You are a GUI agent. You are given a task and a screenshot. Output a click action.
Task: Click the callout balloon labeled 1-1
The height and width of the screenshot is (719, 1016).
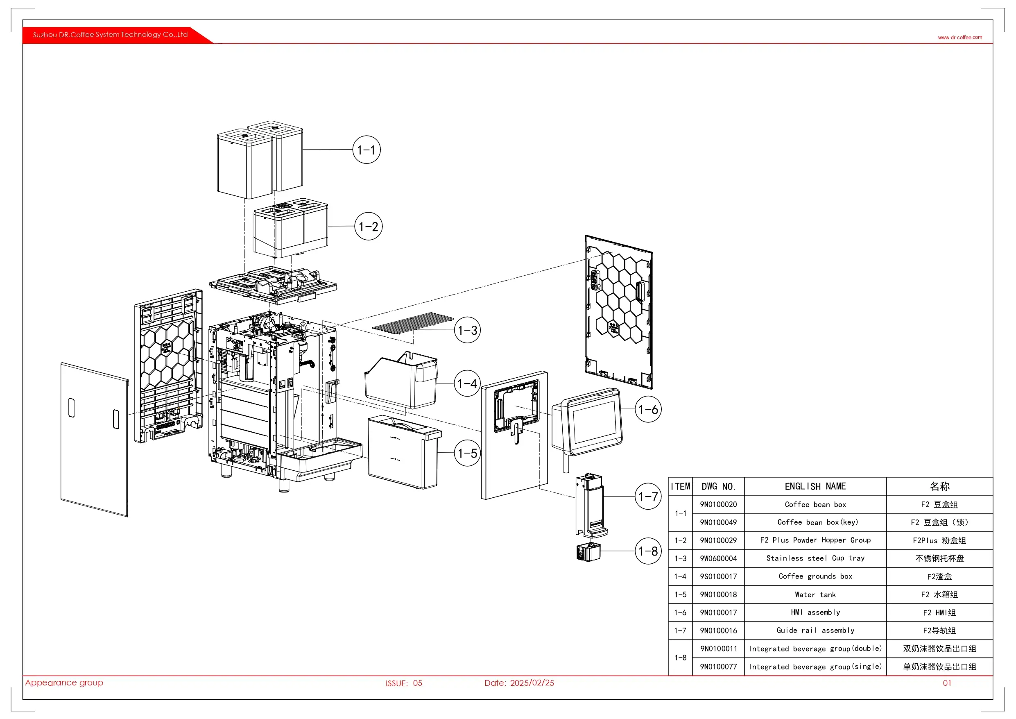pos(366,150)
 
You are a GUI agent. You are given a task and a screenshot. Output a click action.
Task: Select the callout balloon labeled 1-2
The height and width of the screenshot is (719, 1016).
pos(368,226)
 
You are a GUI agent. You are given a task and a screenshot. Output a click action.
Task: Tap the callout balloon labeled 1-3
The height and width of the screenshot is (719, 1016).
pos(467,330)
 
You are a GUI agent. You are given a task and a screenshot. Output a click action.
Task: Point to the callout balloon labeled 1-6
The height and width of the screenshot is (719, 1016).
pos(648,409)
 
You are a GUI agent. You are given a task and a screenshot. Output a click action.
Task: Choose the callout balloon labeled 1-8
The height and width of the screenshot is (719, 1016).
pos(648,551)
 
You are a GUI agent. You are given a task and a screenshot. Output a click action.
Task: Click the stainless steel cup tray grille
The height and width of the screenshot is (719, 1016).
pos(412,322)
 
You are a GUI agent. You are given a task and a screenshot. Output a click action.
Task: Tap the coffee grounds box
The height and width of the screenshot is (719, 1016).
pos(401,381)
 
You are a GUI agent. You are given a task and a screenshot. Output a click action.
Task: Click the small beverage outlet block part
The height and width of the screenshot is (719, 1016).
pos(588,552)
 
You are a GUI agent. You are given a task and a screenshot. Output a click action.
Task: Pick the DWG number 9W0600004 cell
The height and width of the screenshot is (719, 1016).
pos(718,558)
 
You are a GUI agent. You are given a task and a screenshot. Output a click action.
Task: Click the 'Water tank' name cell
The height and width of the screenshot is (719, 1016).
pos(815,594)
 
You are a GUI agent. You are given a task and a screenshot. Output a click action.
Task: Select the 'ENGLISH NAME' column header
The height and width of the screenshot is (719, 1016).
pos(815,486)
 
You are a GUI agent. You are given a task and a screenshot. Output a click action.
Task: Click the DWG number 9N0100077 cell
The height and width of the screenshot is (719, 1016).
pos(718,667)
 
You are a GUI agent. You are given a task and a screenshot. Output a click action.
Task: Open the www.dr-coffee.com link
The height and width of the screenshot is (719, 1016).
pos(960,38)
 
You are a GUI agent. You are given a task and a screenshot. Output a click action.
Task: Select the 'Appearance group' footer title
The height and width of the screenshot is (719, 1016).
pos(64,683)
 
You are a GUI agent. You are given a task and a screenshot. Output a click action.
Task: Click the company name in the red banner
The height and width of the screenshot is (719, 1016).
pos(110,34)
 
